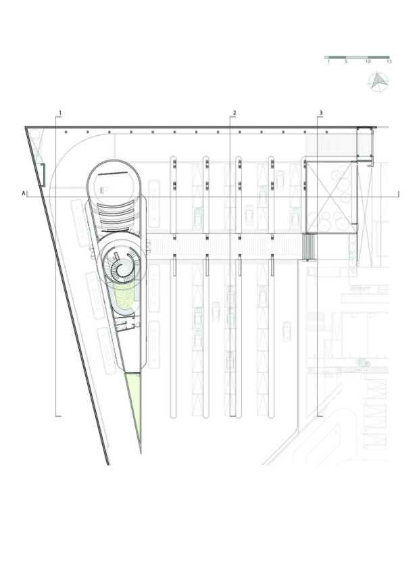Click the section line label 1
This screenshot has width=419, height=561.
60,113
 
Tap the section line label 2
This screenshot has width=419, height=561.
235,113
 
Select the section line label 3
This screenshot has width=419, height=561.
321,113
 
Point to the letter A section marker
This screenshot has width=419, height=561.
24,193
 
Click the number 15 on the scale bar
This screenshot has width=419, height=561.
389,62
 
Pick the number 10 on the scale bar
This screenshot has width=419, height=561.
368,62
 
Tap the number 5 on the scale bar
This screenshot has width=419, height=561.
346,62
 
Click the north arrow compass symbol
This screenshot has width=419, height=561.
378,82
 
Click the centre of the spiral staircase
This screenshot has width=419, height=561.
120,266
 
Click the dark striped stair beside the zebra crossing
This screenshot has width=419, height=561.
309,247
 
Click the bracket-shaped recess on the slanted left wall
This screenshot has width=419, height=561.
43,175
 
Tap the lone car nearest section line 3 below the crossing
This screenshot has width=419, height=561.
287,332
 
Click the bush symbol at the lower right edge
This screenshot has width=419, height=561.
362,364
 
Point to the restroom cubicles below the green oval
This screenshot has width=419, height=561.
124,324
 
